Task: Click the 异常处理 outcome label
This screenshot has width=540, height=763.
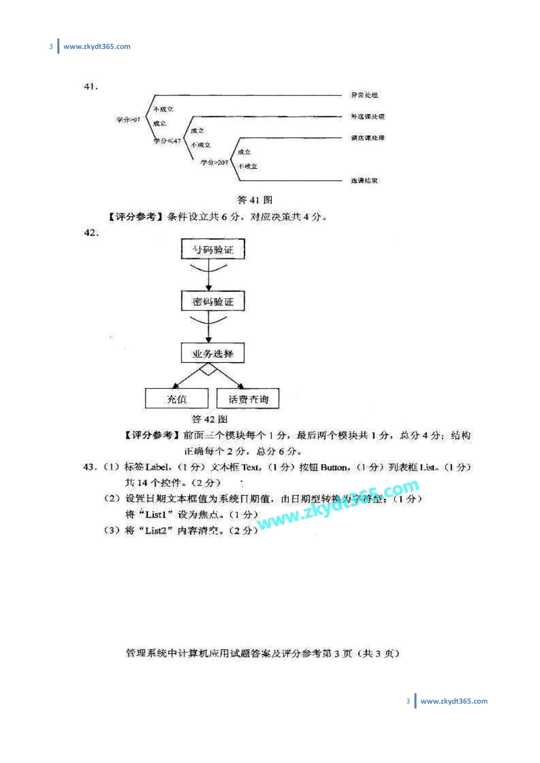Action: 364,95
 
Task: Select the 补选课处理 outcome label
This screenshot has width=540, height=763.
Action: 367,116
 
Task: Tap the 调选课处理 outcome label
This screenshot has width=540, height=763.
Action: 367,138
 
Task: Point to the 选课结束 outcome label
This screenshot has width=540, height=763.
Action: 364,181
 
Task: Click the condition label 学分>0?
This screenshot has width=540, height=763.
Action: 128,120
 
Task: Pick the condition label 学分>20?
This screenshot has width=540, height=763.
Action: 214,162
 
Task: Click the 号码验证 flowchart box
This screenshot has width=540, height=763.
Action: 213,249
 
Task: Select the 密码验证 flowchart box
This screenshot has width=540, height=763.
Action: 213,301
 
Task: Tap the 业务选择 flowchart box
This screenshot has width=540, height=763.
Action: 213,353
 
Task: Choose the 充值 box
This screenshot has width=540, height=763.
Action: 177,399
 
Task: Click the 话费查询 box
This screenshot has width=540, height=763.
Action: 248,399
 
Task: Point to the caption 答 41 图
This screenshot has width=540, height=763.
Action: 255,200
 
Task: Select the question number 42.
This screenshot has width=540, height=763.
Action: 91,232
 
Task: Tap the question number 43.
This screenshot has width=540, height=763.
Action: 90,467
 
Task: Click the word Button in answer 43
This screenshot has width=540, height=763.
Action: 334,467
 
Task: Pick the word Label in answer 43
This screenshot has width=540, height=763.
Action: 157,467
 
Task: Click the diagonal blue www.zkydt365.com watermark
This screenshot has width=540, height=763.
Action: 338,505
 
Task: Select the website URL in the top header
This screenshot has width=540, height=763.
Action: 97,47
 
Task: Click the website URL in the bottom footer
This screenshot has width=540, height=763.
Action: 454,701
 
